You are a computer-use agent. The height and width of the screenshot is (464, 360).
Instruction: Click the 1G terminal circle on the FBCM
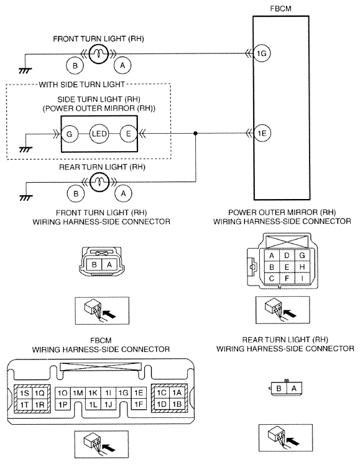262,53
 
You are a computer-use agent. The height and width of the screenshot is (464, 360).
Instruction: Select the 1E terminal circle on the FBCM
262,134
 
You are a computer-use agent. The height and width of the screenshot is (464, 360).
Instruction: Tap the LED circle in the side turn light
99,134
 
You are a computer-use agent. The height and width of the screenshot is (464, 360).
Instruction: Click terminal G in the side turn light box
70,134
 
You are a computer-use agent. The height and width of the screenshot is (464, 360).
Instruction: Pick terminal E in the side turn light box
128,134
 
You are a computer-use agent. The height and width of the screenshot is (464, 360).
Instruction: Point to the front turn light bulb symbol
98,53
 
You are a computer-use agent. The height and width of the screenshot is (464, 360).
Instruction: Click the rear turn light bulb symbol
99,182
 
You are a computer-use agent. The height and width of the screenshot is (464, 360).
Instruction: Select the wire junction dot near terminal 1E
195,134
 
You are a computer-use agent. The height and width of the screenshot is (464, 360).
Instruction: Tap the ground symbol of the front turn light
25,71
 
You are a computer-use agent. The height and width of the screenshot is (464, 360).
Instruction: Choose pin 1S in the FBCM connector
24,393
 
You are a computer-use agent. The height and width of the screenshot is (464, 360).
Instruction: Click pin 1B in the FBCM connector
177,404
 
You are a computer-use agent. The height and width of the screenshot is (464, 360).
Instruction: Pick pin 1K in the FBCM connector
93,393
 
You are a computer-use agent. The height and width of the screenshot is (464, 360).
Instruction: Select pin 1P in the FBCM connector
63,404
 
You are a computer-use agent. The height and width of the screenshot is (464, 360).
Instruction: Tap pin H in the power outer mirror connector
302,267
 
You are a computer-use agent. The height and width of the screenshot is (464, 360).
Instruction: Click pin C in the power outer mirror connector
272,278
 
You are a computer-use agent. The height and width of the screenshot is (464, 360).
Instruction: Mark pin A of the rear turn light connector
293,388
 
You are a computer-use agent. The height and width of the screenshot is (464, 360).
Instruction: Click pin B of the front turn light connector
94,264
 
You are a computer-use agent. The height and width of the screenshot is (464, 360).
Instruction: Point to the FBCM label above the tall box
280,9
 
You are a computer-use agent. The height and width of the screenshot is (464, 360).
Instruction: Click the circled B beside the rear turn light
76,194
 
